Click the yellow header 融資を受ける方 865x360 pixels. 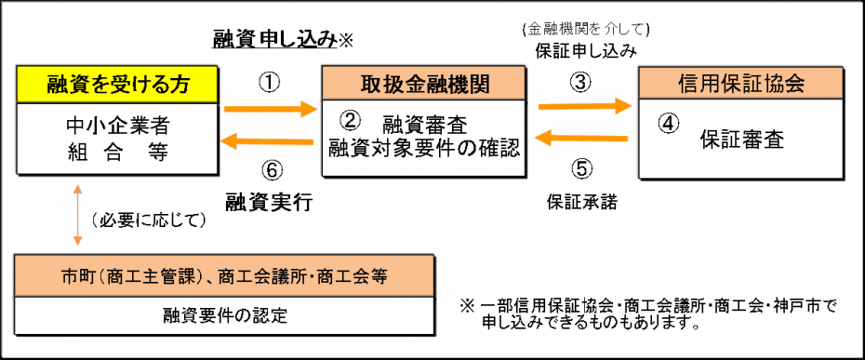pos(118,85)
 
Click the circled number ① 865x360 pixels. pos(268,82)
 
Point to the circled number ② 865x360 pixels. pos(350,120)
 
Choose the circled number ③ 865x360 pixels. pos(580,82)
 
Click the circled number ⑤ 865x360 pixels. pos(580,168)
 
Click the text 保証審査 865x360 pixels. pos(741,140)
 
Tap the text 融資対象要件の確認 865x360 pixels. pos(423,147)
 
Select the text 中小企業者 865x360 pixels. pos(118,124)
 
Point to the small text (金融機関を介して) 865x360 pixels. pos(585,28)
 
